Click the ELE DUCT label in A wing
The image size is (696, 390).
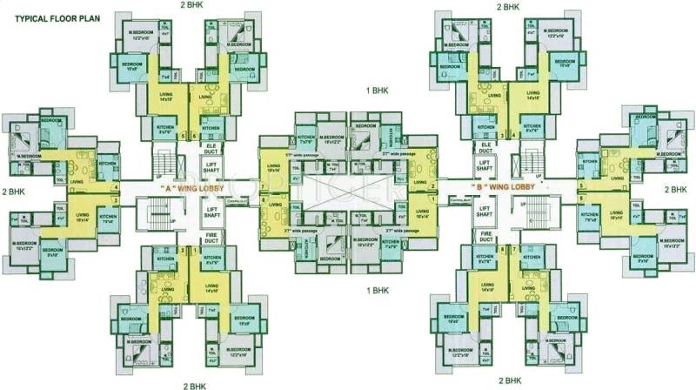[x=211, y=148]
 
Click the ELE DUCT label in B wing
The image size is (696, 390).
[x=485, y=148]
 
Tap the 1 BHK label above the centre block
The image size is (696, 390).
[x=376, y=91]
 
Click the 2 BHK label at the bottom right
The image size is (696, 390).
[x=509, y=380]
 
